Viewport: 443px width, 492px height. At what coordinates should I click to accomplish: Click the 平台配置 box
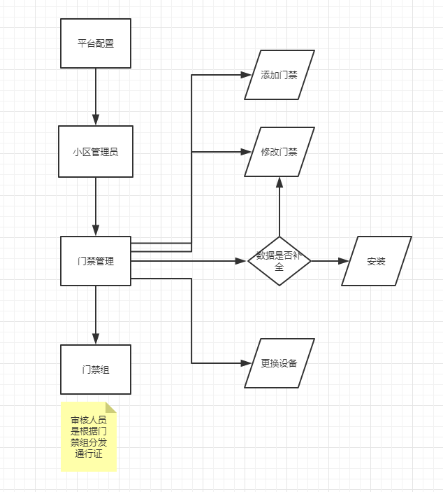[96, 43]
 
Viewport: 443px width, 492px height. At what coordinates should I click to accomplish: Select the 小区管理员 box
[96, 151]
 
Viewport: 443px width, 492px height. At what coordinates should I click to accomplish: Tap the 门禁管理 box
[96, 261]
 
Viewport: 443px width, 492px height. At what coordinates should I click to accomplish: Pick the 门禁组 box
[96, 370]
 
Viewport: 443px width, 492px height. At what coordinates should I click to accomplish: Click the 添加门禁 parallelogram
[279, 75]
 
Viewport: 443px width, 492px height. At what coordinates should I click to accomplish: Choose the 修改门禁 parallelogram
[279, 151]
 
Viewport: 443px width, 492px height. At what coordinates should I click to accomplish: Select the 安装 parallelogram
[376, 261]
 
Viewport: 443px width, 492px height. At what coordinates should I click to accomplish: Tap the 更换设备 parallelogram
[279, 363]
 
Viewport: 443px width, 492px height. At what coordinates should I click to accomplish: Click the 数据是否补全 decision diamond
[279, 261]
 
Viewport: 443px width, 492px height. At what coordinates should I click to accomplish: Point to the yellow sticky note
[88, 437]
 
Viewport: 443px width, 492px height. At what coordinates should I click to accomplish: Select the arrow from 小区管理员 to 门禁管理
[96, 206]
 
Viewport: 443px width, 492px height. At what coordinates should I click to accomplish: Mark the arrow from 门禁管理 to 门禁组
[96, 315]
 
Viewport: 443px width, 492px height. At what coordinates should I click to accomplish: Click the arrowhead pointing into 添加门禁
[245, 75]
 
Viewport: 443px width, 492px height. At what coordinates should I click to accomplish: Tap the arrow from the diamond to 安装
[329, 261]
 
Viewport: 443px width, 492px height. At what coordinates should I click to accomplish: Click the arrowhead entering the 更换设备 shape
[245, 363]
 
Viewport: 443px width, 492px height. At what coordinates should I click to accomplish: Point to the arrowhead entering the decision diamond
[242, 261]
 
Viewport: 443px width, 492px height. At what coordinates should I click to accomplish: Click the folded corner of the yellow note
[111, 407]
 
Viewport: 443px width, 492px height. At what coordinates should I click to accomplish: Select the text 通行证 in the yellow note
[89, 455]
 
